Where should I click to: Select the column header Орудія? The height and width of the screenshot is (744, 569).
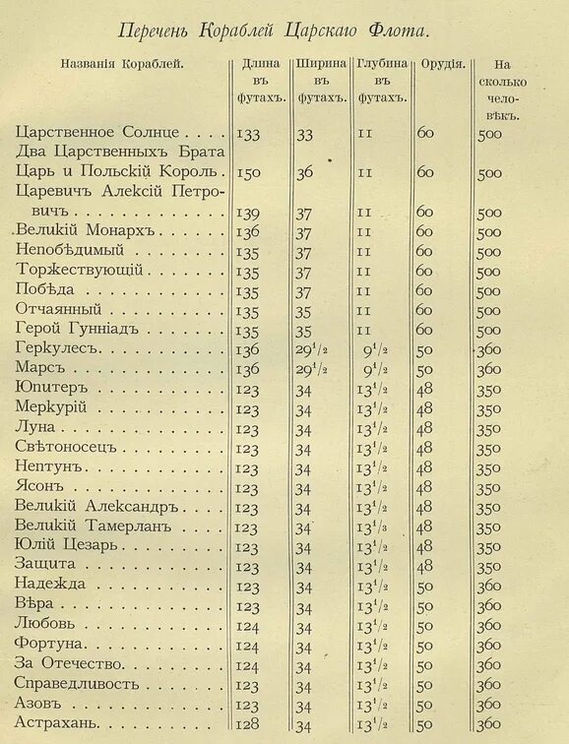(443, 64)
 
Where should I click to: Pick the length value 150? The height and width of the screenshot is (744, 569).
(249, 172)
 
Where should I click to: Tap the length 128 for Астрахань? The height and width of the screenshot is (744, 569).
(249, 724)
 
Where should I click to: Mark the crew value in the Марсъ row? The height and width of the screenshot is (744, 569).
(489, 369)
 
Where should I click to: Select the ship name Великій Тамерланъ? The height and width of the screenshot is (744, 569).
(94, 527)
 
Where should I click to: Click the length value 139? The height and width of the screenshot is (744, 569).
(249, 212)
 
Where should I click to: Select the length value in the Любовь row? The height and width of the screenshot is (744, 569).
(249, 626)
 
